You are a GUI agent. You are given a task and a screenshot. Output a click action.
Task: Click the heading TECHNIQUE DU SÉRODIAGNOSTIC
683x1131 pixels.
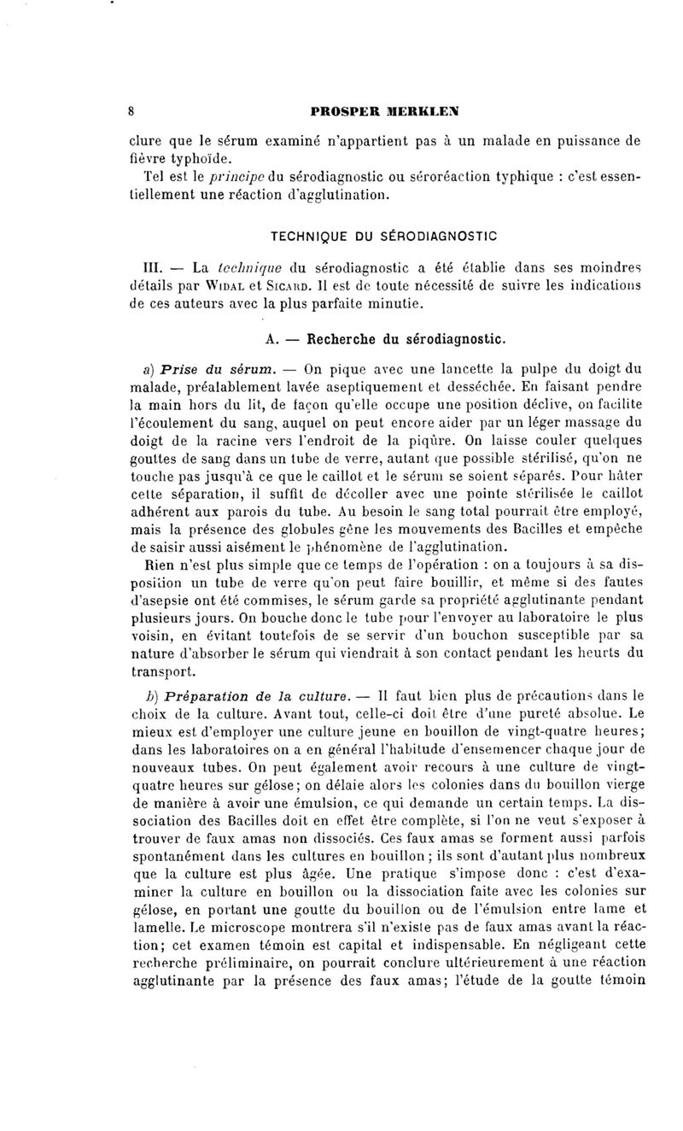click(383, 233)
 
